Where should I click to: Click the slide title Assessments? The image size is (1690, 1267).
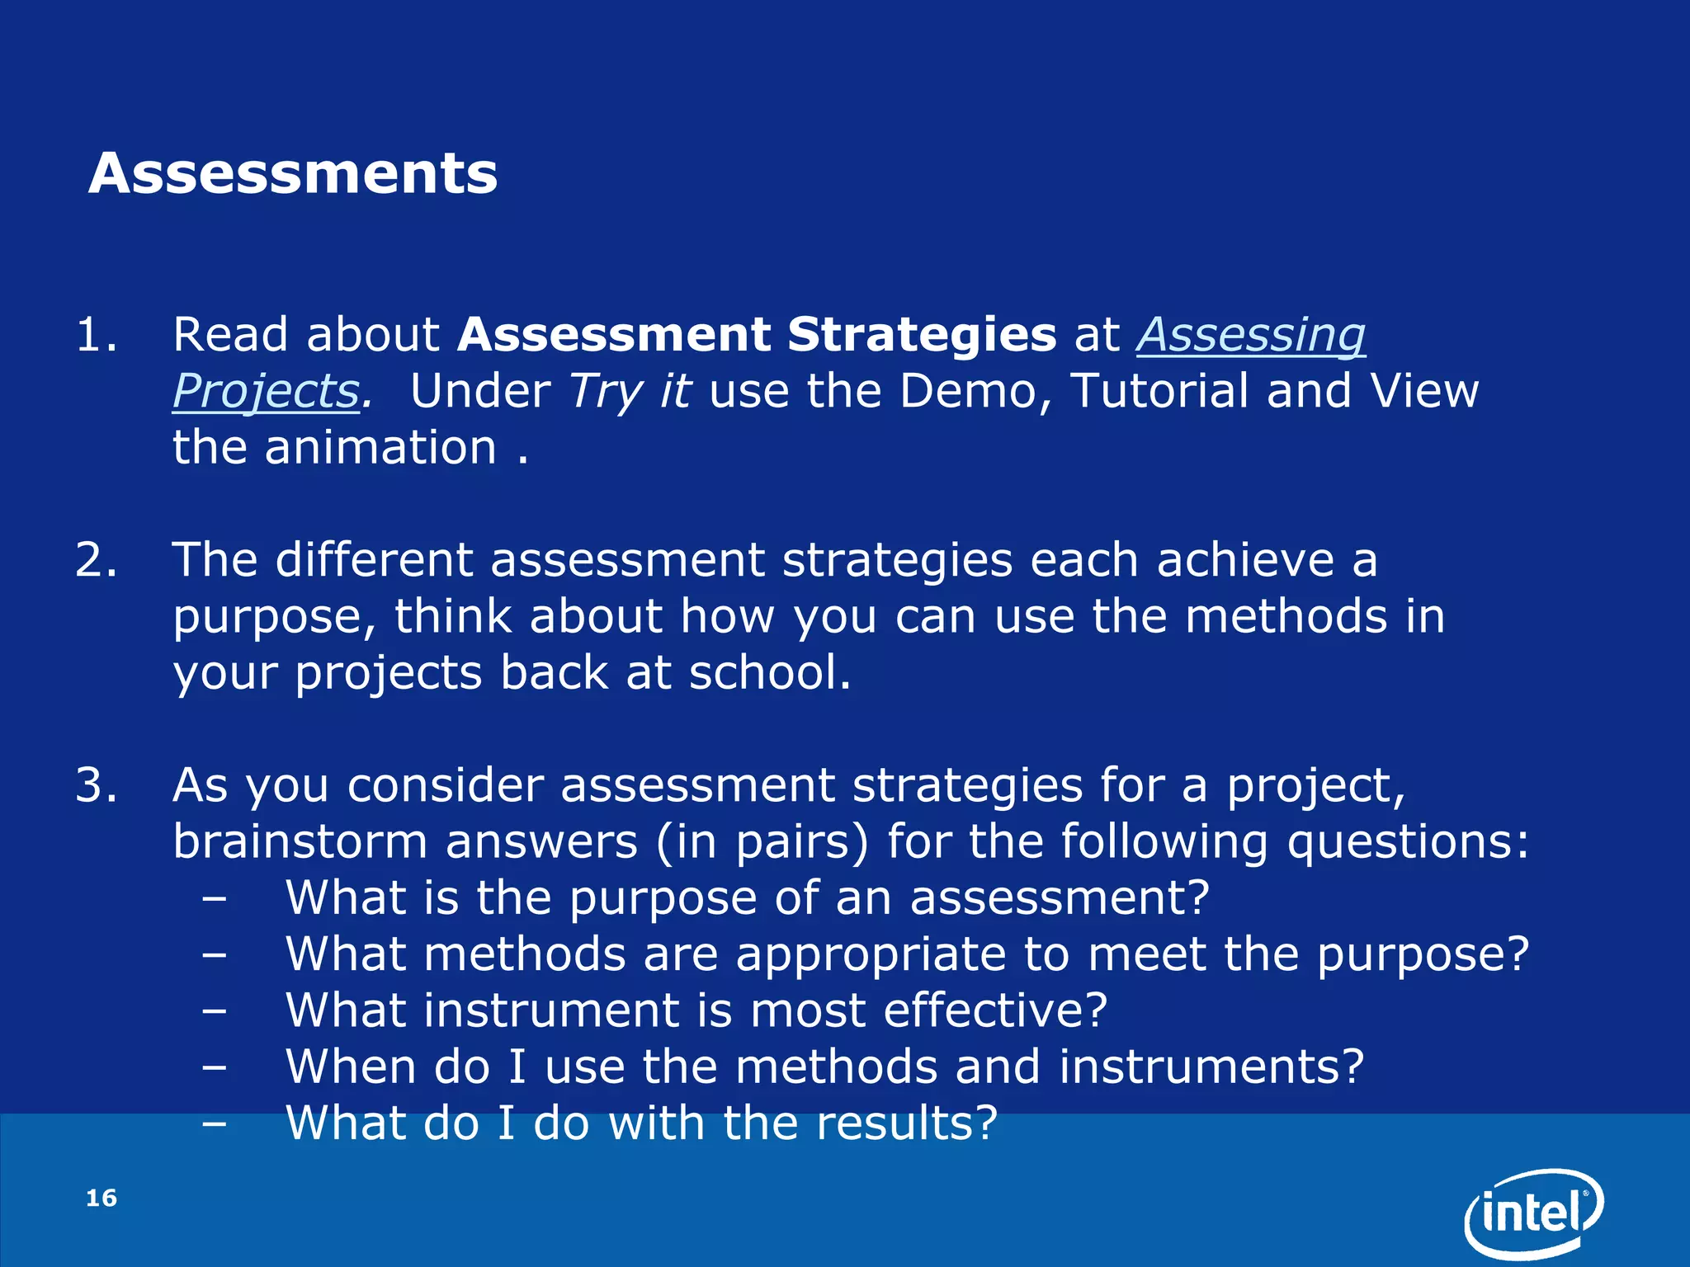pos(293,174)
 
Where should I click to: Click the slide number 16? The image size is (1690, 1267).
pos(101,1198)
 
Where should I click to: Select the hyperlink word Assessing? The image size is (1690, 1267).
pos(1251,335)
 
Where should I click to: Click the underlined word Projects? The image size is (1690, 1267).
pos(266,391)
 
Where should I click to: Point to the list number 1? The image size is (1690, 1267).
pos(96,335)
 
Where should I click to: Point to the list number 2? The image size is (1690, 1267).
pos(96,560)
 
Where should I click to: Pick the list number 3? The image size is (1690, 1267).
pos(96,785)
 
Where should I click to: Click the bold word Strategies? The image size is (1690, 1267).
pos(921,335)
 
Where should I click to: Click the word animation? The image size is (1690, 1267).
pos(380,448)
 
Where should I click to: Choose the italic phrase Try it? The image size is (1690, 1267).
pos(630,391)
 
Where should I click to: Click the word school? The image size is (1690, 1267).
pos(768,673)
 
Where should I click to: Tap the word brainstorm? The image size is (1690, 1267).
pos(300,842)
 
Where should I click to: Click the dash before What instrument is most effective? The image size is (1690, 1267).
pos(214,1010)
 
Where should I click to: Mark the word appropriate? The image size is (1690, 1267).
pos(871,954)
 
